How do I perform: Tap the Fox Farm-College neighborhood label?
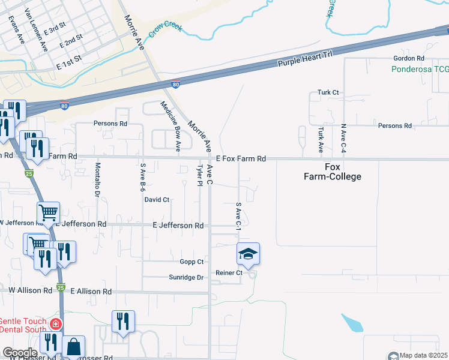[x=335, y=172]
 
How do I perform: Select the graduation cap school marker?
[x=249, y=254]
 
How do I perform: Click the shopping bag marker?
[x=74, y=346]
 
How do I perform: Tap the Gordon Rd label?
[x=408, y=59]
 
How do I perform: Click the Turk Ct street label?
[x=328, y=93]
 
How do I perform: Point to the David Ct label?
[x=157, y=200]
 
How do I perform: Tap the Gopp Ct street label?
[x=192, y=262]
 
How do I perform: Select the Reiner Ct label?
[x=229, y=273]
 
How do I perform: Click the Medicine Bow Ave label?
[x=170, y=125]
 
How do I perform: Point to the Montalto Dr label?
[x=97, y=179]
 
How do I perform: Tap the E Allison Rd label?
[x=91, y=291]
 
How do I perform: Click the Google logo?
[x=20, y=353]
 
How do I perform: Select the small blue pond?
[x=353, y=323]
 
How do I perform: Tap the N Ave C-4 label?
[x=344, y=139]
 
